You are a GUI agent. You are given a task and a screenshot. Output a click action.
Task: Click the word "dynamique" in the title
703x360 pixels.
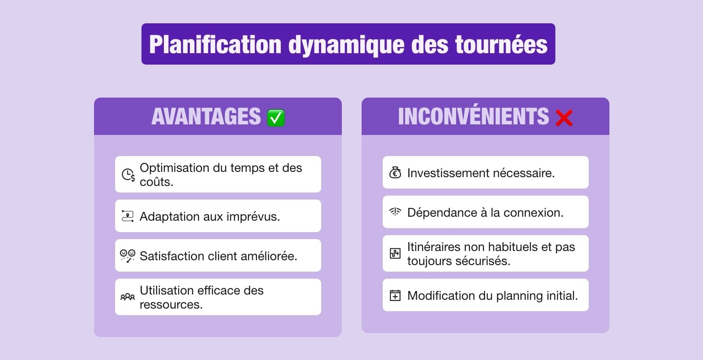(346, 45)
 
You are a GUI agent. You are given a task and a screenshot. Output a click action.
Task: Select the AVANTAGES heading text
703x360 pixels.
(206, 116)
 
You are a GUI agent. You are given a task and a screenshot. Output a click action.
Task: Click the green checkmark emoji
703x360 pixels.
(276, 118)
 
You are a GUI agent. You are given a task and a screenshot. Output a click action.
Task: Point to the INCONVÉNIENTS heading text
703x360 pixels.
(473, 116)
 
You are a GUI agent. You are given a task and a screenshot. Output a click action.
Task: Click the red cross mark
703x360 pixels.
(564, 118)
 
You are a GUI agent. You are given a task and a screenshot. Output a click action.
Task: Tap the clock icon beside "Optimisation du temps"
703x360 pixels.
(128, 175)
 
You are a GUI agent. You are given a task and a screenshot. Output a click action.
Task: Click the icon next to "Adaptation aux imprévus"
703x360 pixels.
(127, 216)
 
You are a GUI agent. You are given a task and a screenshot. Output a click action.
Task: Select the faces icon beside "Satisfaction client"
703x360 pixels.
(127, 256)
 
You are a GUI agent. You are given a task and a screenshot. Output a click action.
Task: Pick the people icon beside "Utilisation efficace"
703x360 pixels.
(127, 297)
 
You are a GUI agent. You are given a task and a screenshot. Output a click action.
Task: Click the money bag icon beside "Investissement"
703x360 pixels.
(395, 173)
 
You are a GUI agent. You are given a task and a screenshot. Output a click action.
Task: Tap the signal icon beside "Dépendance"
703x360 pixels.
(395, 212)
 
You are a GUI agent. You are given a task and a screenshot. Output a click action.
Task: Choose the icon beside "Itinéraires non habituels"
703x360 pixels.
(395, 254)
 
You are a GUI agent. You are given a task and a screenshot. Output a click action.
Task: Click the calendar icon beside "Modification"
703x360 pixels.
(395, 295)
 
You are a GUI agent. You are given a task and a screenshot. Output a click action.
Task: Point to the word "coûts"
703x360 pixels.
(156, 182)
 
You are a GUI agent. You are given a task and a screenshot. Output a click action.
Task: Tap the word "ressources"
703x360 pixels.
(170, 305)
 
